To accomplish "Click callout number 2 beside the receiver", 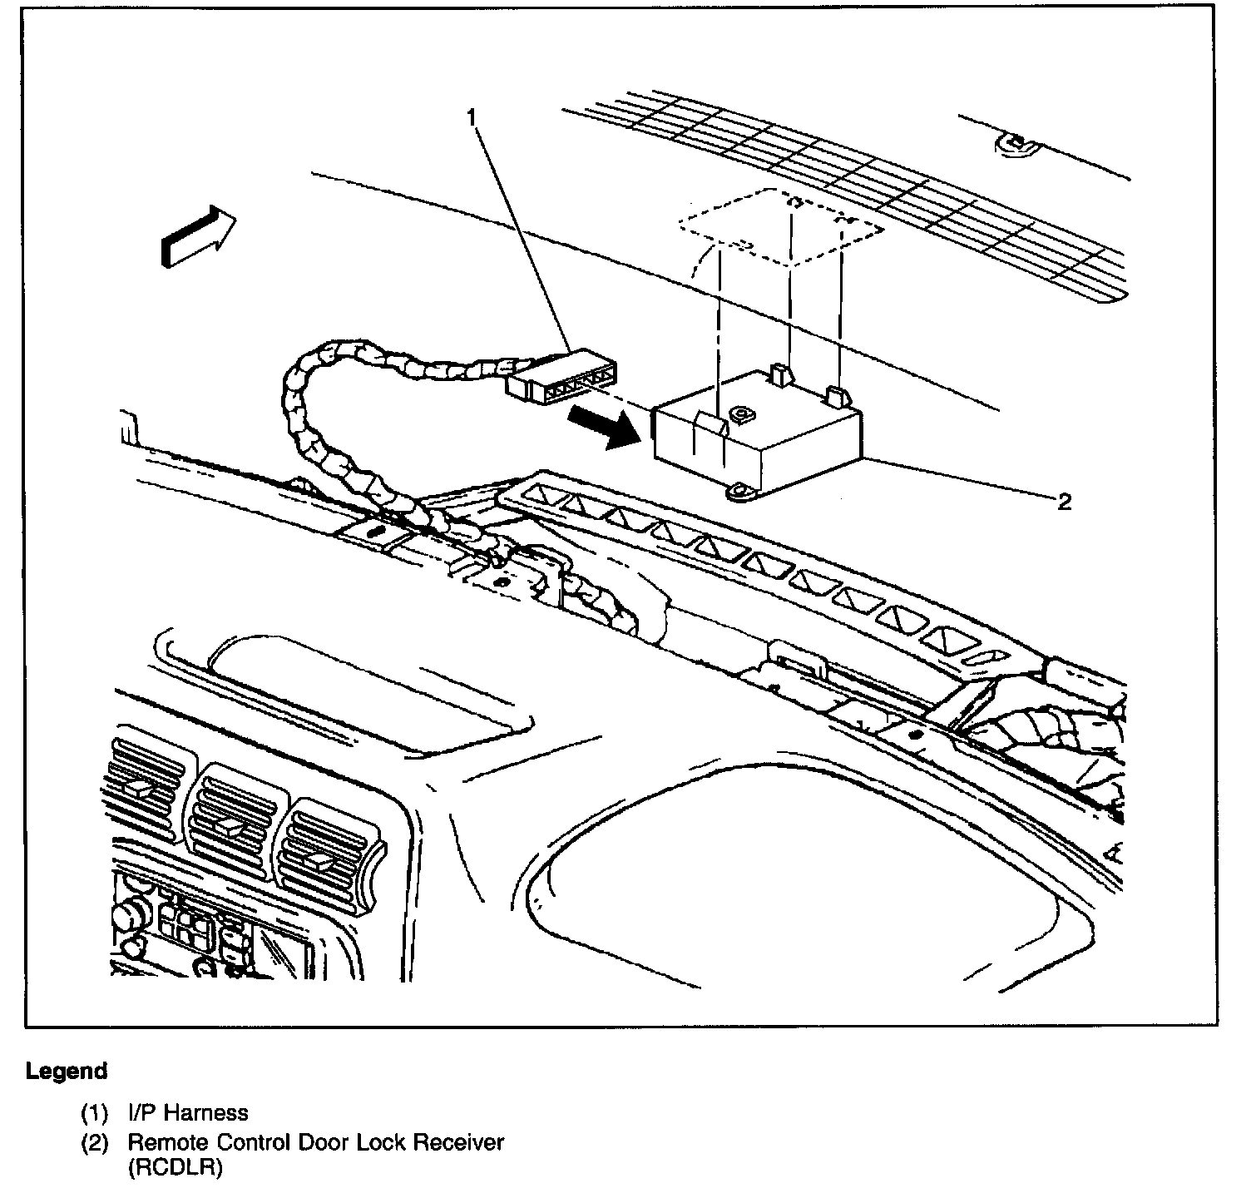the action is [1064, 502].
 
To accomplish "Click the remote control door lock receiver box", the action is [757, 437].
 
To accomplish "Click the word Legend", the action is [67, 1071].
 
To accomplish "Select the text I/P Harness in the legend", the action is [188, 1112].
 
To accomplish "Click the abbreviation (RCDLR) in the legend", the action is [176, 1168].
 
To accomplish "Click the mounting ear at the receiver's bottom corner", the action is [738, 492].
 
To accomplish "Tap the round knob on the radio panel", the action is [127, 915].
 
